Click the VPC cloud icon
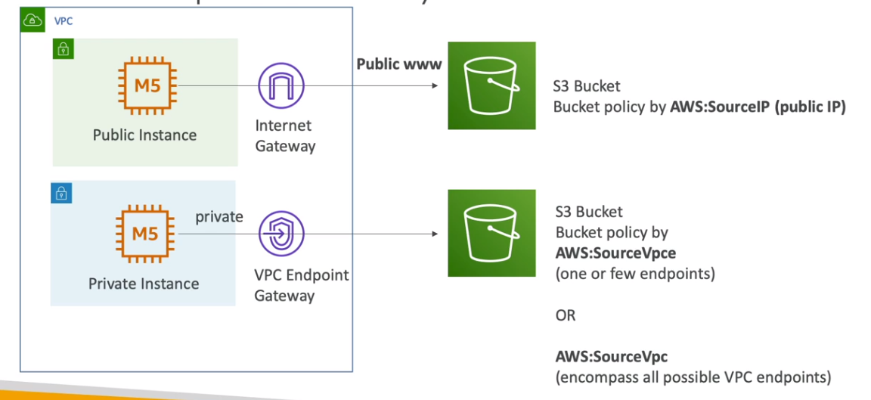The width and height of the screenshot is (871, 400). [x=33, y=20]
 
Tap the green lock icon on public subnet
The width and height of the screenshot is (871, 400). [x=63, y=50]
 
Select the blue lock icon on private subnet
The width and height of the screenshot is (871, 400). [x=60, y=193]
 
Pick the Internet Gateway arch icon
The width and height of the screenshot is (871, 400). [x=281, y=85]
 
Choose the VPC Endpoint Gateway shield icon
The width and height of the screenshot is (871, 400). [x=281, y=234]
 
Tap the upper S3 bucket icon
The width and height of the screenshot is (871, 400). [x=491, y=85]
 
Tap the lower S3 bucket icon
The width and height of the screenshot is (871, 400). [x=491, y=233]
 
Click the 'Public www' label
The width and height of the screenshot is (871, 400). [x=399, y=64]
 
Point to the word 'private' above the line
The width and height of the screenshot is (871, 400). [x=219, y=217]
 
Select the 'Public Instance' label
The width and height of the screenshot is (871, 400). [x=144, y=135]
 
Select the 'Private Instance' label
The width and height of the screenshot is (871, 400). [x=144, y=284]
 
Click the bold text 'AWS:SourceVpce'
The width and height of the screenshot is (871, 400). [x=615, y=253]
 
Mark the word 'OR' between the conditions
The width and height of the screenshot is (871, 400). [x=566, y=315]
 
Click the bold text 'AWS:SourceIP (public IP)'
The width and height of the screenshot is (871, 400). [x=758, y=107]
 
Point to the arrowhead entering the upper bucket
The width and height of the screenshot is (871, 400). [x=435, y=85]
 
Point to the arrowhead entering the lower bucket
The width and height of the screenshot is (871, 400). [x=435, y=234]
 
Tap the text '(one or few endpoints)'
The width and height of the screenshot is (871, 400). [x=635, y=274]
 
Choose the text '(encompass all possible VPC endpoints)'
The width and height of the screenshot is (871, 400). [x=693, y=377]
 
